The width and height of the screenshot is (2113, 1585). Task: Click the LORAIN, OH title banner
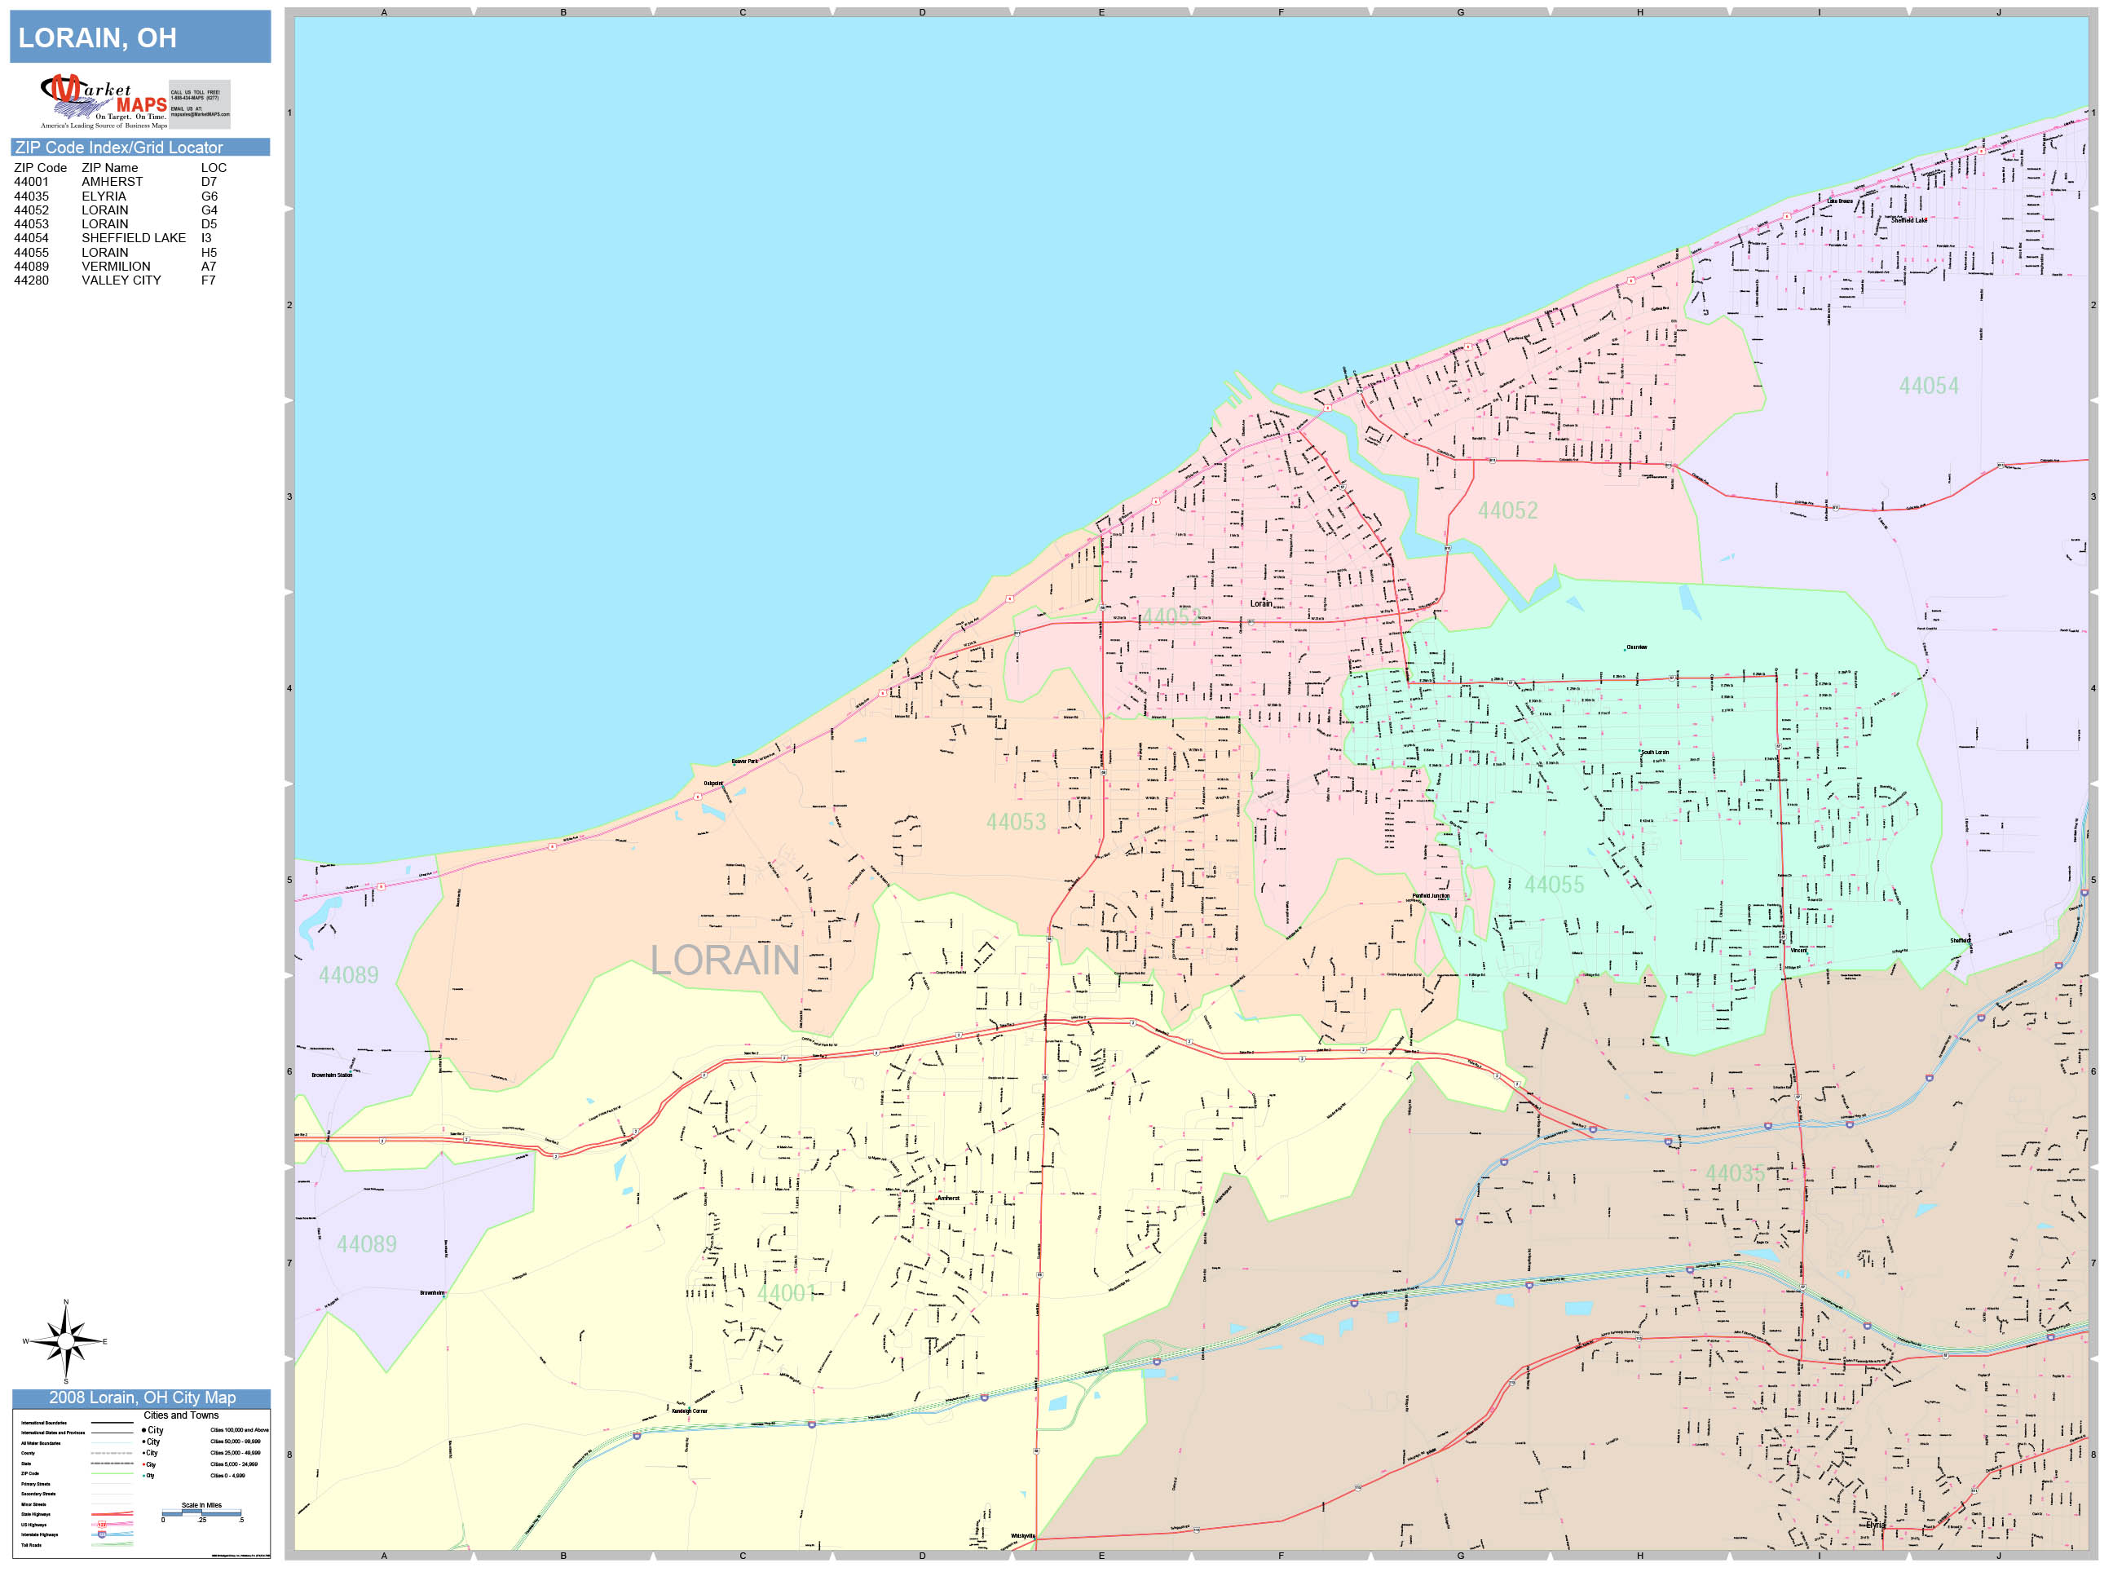(x=139, y=38)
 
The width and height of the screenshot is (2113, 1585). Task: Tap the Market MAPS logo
(x=105, y=101)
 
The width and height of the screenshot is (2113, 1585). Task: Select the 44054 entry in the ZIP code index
(x=32, y=238)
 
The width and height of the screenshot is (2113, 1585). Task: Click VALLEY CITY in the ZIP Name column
(x=121, y=280)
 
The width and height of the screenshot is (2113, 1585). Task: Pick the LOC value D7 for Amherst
(x=208, y=182)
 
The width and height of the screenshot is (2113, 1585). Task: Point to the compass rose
(x=65, y=1341)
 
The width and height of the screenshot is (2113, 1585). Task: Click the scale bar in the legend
(x=201, y=1513)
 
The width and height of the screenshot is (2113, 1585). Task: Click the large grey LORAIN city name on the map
(x=724, y=960)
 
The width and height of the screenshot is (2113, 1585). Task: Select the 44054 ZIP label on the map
(x=1928, y=386)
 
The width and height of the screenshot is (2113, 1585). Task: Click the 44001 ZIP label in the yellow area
(x=785, y=1292)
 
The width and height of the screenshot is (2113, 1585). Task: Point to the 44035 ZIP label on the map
(x=1734, y=1173)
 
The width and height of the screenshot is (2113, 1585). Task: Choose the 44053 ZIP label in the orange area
(x=1016, y=822)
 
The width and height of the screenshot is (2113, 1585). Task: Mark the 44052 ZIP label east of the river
(x=1507, y=510)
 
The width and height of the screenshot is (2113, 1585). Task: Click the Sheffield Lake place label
(x=1908, y=221)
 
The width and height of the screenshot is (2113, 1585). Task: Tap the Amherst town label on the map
(x=947, y=1198)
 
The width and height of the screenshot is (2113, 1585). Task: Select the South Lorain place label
(x=1655, y=753)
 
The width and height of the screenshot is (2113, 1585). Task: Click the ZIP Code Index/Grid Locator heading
(x=118, y=147)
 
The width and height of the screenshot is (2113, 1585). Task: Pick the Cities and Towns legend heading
(x=180, y=1415)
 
